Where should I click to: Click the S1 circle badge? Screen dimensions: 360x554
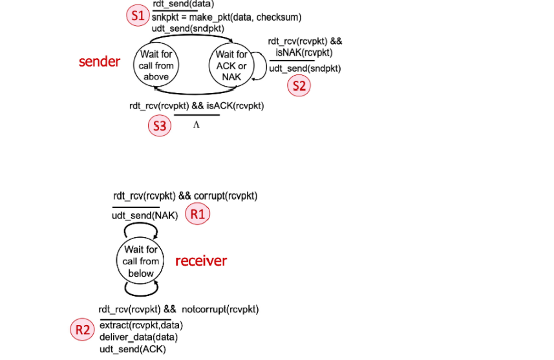coord(137,16)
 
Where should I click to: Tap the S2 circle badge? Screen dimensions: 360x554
coord(299,86)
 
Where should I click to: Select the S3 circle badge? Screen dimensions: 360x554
coord(160,125)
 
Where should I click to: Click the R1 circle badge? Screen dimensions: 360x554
coord(198,215)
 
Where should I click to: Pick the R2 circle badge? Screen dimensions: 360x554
coord(81,330)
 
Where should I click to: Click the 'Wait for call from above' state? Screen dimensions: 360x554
coord(156,65)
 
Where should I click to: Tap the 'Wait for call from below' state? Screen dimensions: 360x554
coord(141,261)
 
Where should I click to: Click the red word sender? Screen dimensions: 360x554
coord(100,61)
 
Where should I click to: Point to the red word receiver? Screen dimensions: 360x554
coord(201,261)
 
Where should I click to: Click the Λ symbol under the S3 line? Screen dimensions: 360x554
coord(197,125)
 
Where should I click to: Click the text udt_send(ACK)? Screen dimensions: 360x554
coord(133,349)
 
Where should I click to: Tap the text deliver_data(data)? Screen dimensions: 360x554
coord(138,337)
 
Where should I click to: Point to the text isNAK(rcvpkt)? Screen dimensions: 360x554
coord(308,52)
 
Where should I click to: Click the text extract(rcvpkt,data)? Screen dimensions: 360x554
coord(141,324)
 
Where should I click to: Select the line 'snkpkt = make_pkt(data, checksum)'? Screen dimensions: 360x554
coord(226,17)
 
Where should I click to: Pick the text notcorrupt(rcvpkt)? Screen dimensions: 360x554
coord(220,310)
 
